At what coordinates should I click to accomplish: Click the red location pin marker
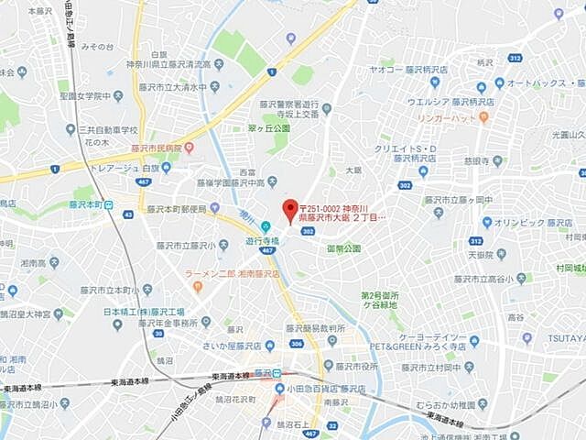click(x=289, y=207)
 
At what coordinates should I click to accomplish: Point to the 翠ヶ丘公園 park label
click(x=268, y=128)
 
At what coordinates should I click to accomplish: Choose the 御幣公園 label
click(x=344, y=248)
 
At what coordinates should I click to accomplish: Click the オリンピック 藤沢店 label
click(x=533, y=222)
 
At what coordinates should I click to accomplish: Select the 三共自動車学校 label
click(x=107, y=130)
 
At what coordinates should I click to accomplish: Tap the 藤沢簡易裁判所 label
click(x=316, y=327)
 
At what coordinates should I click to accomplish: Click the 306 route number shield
click(x=296, y=344)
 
